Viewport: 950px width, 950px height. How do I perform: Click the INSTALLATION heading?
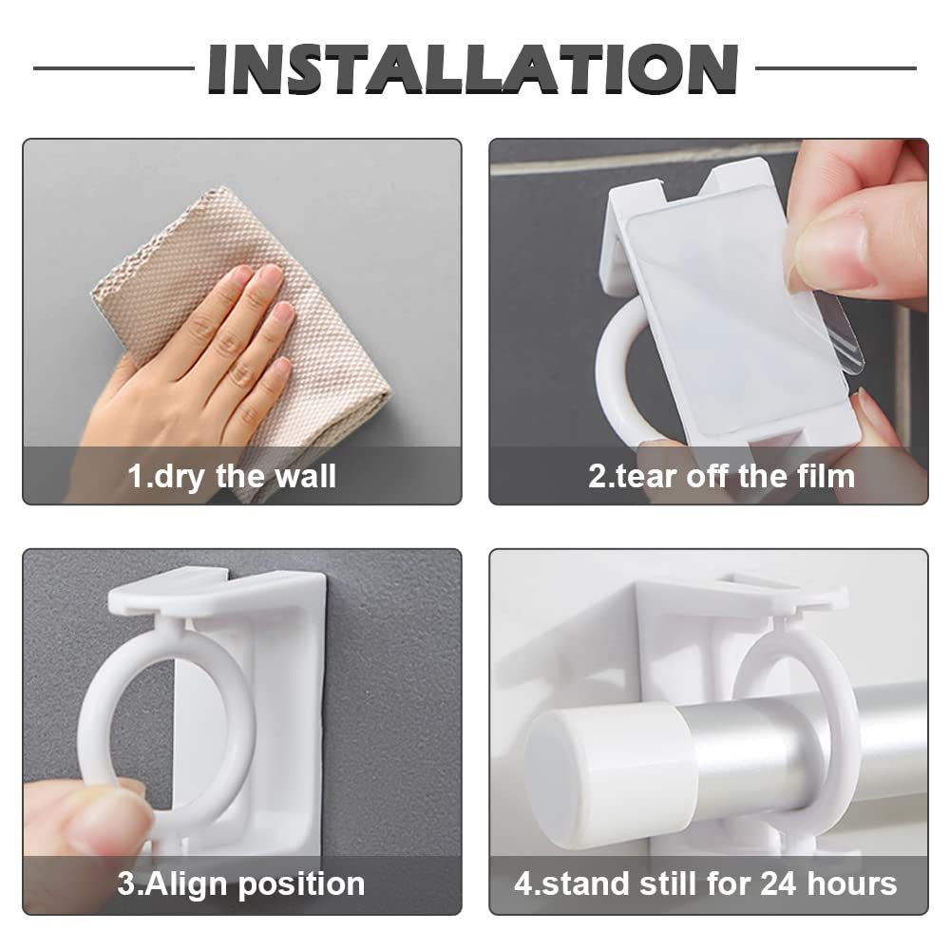click(473, 68)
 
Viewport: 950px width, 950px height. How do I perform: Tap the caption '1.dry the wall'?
click(232, 476)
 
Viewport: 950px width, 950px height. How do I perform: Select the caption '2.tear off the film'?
click(722, 476)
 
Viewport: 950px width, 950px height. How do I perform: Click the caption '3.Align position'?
click(241, 883)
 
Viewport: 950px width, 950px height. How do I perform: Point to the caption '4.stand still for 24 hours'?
click(705, 883)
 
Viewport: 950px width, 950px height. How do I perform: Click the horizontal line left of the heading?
click(114, 67)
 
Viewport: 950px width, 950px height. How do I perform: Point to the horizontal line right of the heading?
click(835, 67)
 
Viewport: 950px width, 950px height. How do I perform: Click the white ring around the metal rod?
click(848, 727)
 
